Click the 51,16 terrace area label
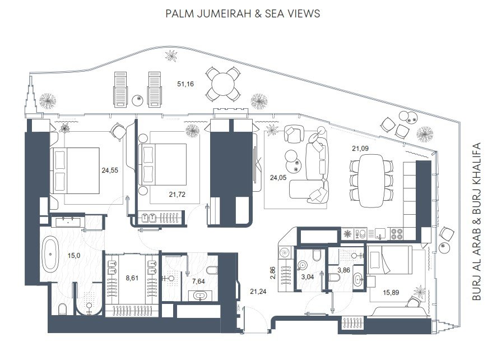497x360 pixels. pos(185,84)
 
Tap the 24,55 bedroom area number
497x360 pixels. pos(110,170)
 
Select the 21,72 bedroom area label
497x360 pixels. pos(177,195)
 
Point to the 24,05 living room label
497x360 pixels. pos(278,178)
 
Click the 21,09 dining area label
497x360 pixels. pos(360,148)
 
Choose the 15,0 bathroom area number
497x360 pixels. pos(74,255)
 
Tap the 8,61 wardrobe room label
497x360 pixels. pos(132,278)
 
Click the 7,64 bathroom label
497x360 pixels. pos(198,281)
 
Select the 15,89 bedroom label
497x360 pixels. pos(391,293)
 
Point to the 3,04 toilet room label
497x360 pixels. pos(308,277)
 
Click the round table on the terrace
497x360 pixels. pos(223,84)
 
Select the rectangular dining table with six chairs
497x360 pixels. pos(371,181)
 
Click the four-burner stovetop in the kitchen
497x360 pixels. pos(397,234)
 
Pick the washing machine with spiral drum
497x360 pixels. pos(285,252)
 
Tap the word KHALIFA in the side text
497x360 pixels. pos(476,165)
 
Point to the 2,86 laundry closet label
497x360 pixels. pos(273,273)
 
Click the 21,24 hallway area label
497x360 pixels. pos(258,292)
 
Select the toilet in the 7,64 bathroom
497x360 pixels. pos(212,270)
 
